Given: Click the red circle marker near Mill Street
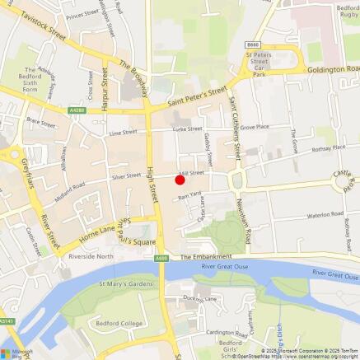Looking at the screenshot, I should [180, 180].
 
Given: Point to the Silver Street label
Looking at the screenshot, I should [126, 175].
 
